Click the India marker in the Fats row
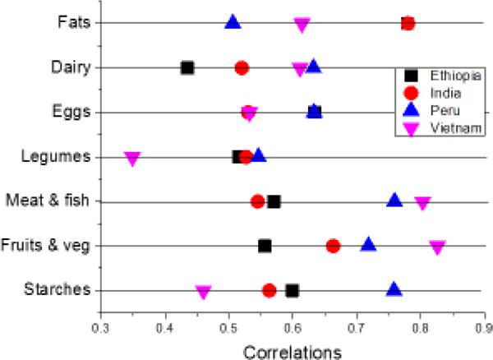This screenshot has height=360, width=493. [x=408, y=23]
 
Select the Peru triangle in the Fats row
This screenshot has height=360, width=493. [x=233, y=22]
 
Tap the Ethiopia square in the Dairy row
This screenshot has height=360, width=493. [x=187, y=67]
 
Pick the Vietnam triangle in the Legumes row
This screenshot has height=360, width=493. [x=131, y=158]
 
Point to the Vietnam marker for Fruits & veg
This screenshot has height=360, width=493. [x=437, y=247]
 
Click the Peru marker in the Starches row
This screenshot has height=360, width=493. [x=394, y=289]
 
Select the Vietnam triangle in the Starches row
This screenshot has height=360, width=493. [x=203, y=292]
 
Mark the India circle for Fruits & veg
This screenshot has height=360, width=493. [x=333, y=246]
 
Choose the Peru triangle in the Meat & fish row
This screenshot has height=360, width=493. [x=394, y=201]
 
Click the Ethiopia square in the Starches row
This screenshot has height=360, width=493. [x=292, y=290]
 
